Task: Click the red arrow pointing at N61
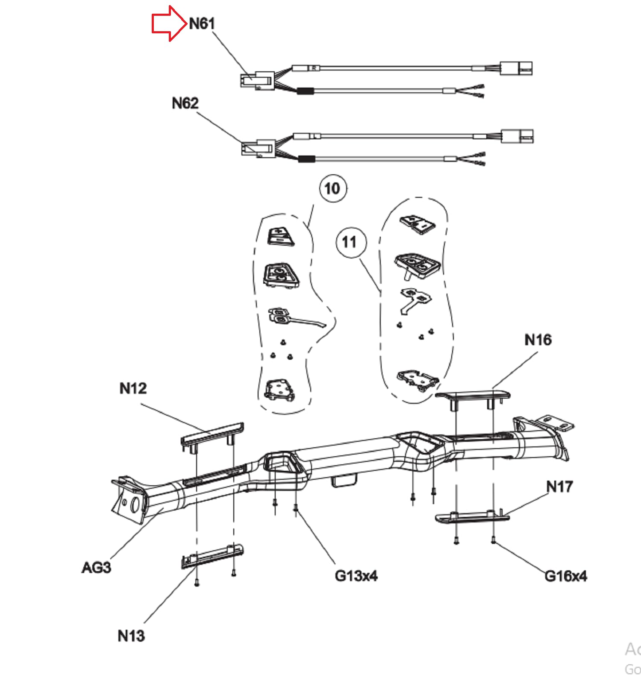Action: [170, 23]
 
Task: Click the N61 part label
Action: [202, 23]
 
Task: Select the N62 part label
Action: [185, 103]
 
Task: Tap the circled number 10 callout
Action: [333, 188]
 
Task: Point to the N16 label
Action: [538, 340]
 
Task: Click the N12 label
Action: [133, 388]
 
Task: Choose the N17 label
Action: [559, 486]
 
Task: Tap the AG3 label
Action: [96, 568]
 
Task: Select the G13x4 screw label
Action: [356, 576]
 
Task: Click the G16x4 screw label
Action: [565, 576]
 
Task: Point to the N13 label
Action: [131, 636]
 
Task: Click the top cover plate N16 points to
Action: [473, 396]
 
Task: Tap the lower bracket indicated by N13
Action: [212, 557]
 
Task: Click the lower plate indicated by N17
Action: [472, 516]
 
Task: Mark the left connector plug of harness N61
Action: [257, 81]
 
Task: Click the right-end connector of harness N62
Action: [517, 136]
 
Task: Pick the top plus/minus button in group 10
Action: [281, 236]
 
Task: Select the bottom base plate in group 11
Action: [418, 380]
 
